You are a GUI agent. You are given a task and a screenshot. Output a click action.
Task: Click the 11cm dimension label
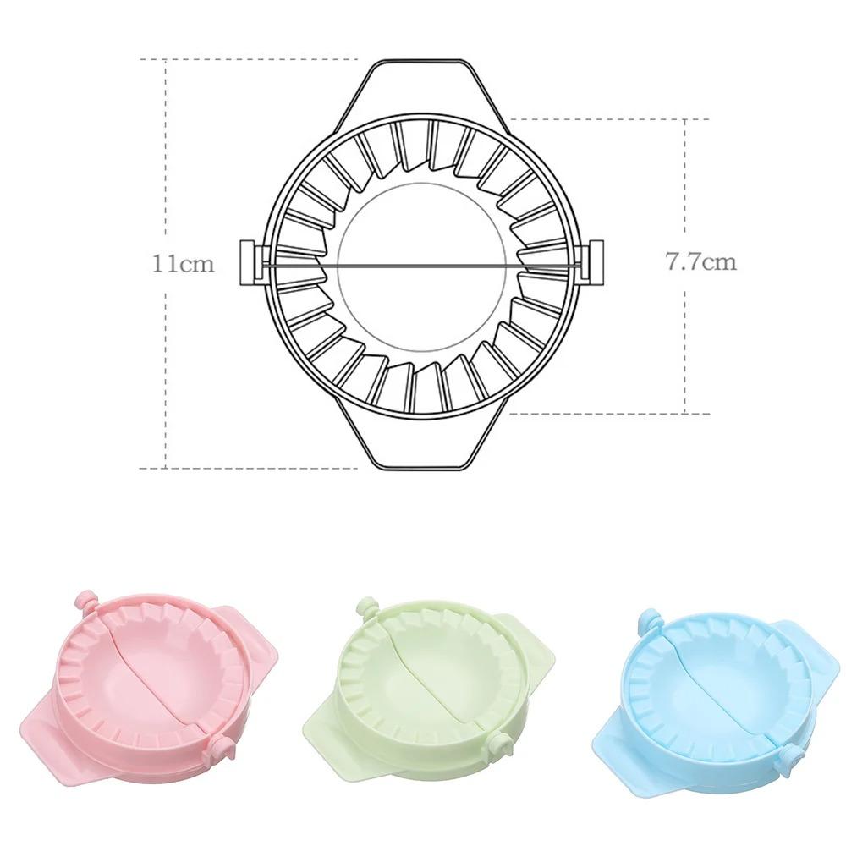coord(183,264)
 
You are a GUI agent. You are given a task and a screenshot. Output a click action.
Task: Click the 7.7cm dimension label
coord(700,261)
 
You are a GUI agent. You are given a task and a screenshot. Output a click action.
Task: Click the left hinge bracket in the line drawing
coord(250,263)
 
